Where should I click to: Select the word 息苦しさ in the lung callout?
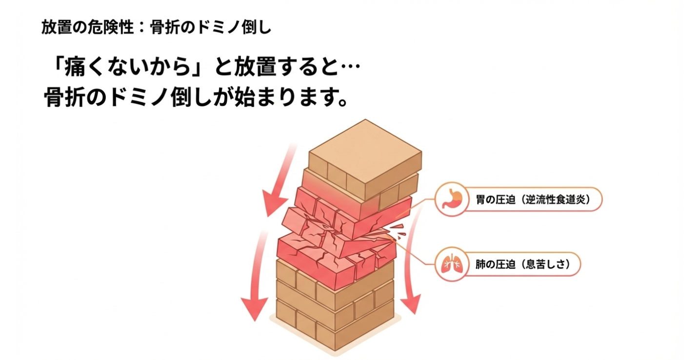tap(550, 265)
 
